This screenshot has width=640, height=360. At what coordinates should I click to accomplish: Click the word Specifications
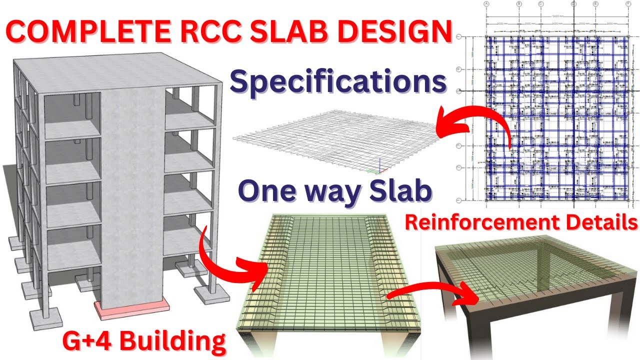click(337, 82)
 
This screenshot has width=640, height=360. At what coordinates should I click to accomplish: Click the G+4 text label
click(86, 341)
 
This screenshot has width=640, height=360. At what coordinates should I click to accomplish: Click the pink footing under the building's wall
click(131, 309)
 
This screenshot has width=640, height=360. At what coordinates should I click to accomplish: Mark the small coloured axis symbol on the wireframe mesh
click(379, 169)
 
